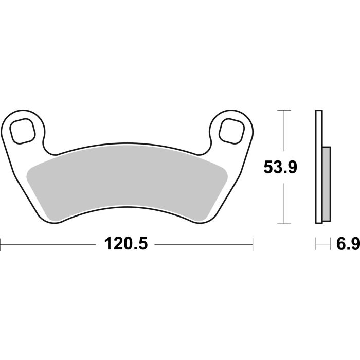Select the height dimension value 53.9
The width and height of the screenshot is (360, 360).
tap(281, 167)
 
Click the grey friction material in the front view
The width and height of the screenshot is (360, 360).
tap(126, 183)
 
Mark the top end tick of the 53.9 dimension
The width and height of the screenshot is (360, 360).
tap(281, 110)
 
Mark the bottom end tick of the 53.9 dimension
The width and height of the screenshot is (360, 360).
tap(281, 223)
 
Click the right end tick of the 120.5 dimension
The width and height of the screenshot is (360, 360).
tap(253, 243)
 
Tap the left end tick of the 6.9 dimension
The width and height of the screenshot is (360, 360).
tap(315, 243)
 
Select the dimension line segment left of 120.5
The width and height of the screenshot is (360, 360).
tap(51, 243)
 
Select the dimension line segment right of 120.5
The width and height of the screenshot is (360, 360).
tap(203, 243)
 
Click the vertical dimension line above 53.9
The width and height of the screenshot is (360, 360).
tap(281, 134)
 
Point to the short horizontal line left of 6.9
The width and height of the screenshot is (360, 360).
tap(322, 243)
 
